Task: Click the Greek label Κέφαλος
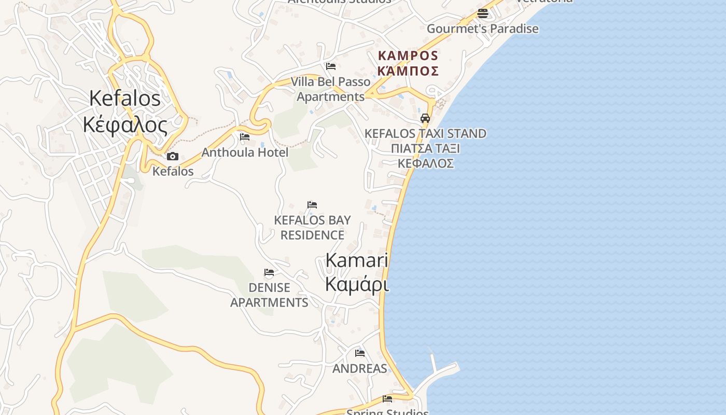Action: click(x=125, y=125)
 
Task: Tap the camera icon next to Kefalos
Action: click(x=173, y=156)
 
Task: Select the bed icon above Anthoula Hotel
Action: click(x=245, y=137)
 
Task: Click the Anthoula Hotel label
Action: click(x=245, y=153)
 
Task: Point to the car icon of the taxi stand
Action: click(x=425, y=118)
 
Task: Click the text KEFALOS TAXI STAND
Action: click(x=425, y=134)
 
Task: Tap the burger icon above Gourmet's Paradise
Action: click(x=483, y=13)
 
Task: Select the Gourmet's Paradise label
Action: click(x=482, y=29)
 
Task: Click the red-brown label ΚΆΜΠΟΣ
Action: click(x=408, y=71)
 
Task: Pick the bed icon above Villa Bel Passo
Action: click(x=331, y=66)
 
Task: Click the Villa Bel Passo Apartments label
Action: click(x=331, y=89)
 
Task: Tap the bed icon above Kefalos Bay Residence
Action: click(x=312, y=205)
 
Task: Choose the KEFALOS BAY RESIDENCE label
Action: click(x=312, y=227)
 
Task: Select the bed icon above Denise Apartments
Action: click(x=269, y=272)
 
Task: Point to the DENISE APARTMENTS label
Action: click(x=269, y=295)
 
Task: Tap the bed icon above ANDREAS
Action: click(x=360, y=353)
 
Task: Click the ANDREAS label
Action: click(x=360, y=369)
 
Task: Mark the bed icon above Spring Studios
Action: click(x=387, y=398)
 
